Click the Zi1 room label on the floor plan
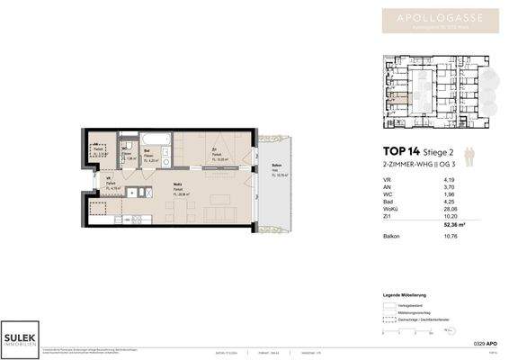[214, 150]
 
